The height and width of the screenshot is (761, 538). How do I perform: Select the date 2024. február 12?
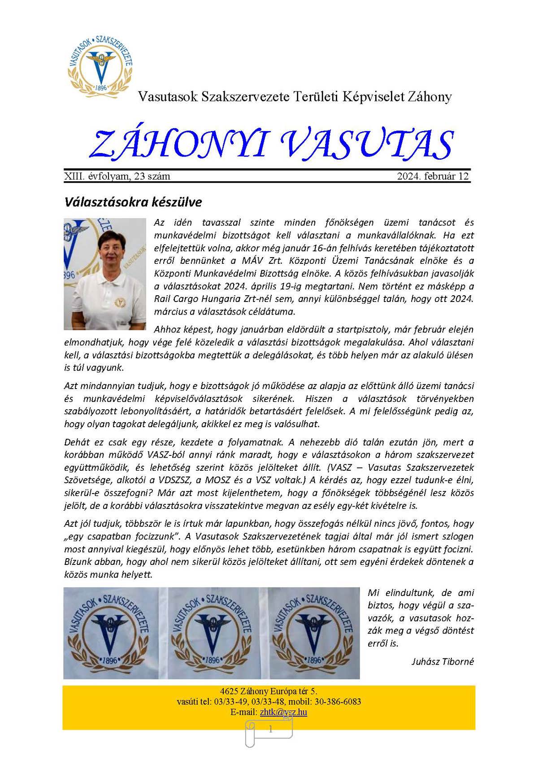(x=433, y=176)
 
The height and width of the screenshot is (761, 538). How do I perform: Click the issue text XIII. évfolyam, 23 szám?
(x=117, y=176)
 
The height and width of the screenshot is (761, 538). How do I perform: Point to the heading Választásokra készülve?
(x=133, y=202)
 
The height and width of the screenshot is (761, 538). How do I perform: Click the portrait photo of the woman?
(x=105, y=274)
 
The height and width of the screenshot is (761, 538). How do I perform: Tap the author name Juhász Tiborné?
(x=443, y=661)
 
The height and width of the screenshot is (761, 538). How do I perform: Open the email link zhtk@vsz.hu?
(x=283, y=712)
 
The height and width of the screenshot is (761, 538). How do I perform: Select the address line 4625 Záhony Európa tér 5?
(x=269, y=691)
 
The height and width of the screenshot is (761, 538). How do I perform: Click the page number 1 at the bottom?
(x=270, y=730)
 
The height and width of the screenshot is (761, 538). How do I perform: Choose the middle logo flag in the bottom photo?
(x=212, y=633)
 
